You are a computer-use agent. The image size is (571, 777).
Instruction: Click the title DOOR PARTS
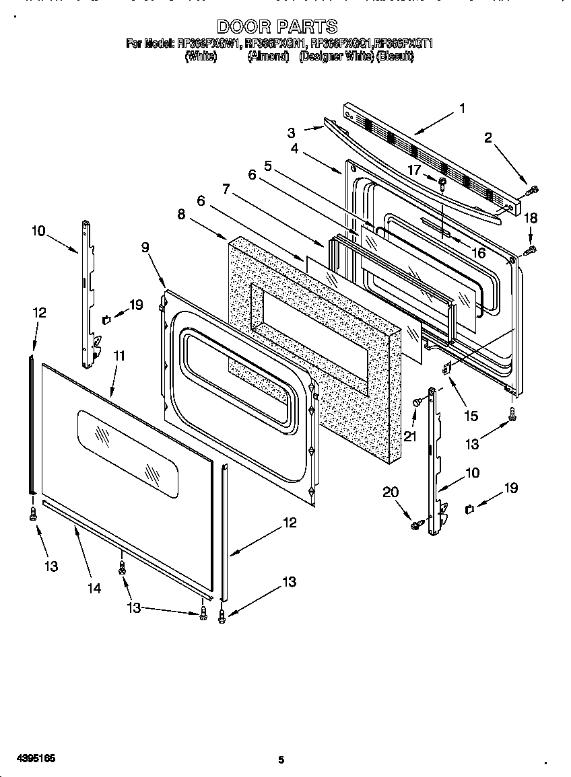point(277,26)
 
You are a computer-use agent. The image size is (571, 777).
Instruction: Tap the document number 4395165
point(28,758)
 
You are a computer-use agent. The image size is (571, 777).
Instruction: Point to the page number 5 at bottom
point(281,760)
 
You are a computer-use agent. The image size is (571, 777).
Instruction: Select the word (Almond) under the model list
point(268,57)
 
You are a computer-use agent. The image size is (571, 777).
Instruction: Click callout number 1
point(462,108)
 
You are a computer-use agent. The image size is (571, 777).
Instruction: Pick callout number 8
point(182,215)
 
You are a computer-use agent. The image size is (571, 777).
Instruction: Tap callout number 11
point(119,356)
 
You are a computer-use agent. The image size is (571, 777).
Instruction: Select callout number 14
point(94,588)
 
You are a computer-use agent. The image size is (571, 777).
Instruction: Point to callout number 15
point(471,416)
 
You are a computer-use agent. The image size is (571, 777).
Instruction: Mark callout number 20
point(391,492)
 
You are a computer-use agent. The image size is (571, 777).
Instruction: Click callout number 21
point(410,436)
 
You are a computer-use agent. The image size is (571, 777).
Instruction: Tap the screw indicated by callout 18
point(530,250)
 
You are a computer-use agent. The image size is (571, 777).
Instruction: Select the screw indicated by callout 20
point(416,521)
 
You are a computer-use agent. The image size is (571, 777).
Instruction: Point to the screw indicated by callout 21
point(417,402)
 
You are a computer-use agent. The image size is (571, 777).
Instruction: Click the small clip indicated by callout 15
point(445,367)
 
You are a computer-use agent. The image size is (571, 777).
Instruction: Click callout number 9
point(145,247)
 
